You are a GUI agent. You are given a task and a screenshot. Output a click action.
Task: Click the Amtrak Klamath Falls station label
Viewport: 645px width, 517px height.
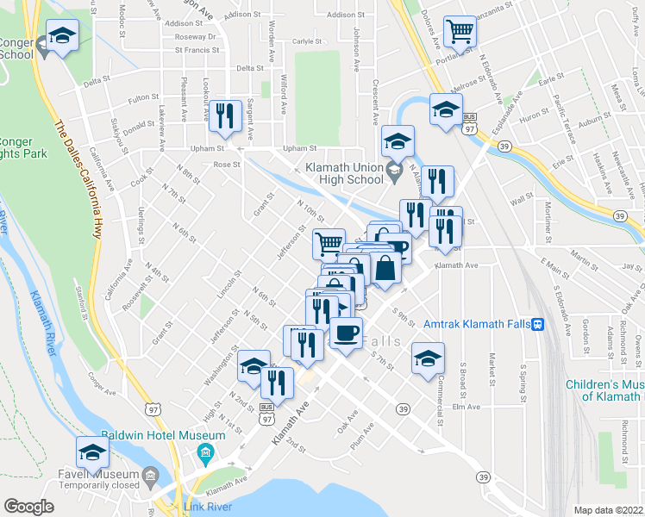(477, 324)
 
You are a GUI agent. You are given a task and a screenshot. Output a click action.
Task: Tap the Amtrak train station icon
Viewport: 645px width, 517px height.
(538, 324)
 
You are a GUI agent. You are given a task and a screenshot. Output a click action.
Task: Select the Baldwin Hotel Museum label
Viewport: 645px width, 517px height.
(163, 435)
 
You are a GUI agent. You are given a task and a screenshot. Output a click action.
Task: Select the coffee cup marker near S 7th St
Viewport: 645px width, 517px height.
(347, 332)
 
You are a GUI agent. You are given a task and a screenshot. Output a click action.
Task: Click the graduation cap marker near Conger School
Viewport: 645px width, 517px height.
(61, 36)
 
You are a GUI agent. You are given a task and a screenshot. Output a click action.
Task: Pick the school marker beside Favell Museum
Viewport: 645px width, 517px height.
(93, 451)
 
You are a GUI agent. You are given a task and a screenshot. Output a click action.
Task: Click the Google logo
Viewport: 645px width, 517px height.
(29, 507)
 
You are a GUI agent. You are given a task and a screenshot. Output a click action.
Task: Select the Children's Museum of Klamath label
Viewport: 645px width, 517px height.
(604, 390)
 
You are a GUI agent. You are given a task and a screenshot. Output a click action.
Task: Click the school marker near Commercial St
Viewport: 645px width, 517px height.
(427, 358)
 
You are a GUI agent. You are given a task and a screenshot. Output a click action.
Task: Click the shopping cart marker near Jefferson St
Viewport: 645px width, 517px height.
(329, 244)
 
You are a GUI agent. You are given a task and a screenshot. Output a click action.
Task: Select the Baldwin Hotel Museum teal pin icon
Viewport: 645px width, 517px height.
(205, 452)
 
